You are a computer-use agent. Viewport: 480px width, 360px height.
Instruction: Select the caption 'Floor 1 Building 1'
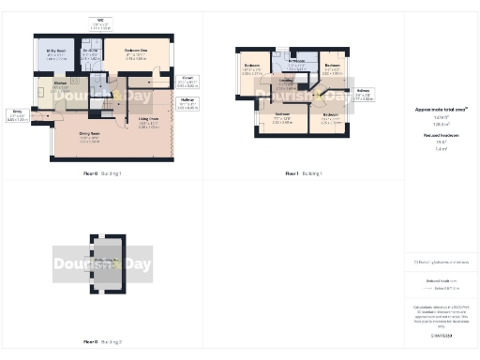[x=303, y=173]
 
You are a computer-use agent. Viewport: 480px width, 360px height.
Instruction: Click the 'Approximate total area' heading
[x=441, y=110]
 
